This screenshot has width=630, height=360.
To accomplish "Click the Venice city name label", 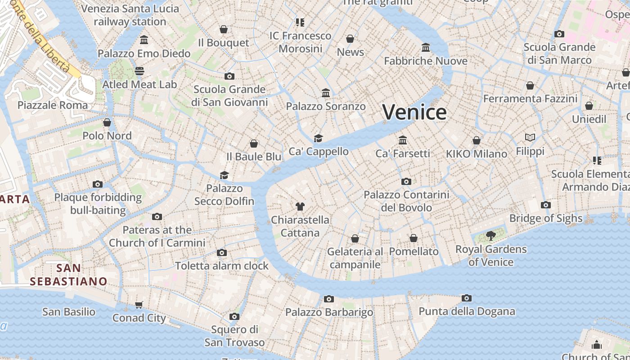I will (414, 112).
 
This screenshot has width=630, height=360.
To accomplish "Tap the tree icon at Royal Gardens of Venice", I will (491, 235).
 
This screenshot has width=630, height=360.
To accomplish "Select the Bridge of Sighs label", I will (545, 218).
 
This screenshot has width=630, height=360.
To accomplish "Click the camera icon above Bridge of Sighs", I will (545, 205).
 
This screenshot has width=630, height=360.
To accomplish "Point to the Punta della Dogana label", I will (467, 311).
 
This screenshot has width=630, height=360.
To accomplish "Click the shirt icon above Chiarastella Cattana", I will (300, 207).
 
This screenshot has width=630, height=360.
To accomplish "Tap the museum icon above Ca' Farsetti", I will (403, 140).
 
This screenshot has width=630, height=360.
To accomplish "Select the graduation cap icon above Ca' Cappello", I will (319, 138).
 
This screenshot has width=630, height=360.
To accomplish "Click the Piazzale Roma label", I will (53, 105).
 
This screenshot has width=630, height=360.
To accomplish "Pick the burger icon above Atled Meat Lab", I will (139, 71).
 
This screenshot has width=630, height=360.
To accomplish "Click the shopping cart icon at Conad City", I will (139, 305).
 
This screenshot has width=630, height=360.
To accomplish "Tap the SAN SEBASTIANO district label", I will (69, 275).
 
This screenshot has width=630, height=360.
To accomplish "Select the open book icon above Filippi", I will (530, 137).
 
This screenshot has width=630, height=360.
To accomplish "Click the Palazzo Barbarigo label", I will (329, 312).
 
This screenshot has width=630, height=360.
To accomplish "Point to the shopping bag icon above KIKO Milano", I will (477, 140).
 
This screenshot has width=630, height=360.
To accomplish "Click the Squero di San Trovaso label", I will (234, 336).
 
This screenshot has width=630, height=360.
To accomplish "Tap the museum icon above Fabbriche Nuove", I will (426, 47).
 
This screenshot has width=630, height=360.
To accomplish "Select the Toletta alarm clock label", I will (221, 266).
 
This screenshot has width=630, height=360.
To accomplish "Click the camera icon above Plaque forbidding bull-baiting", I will (98, 184).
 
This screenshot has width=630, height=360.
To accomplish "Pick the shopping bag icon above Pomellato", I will (414, 238).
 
